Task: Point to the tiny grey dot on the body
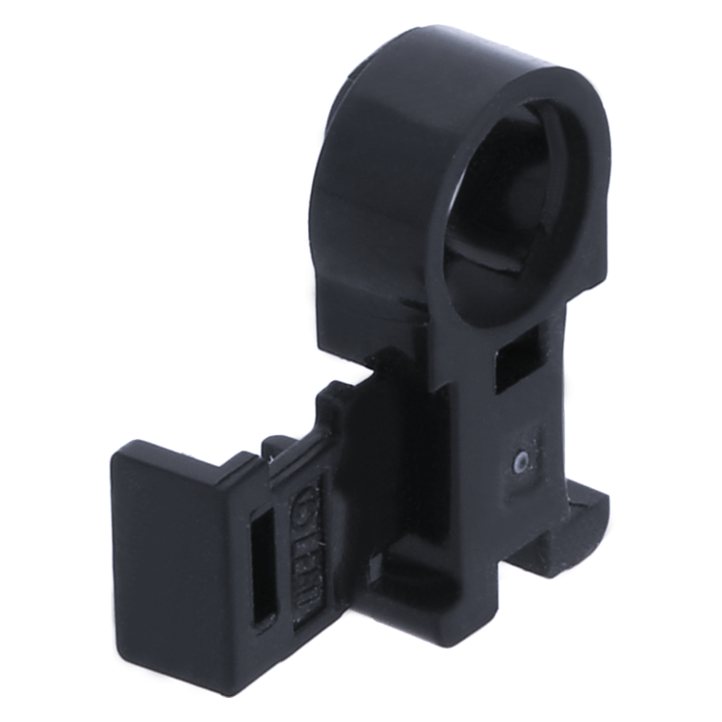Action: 520,462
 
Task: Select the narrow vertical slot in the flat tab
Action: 261,568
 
